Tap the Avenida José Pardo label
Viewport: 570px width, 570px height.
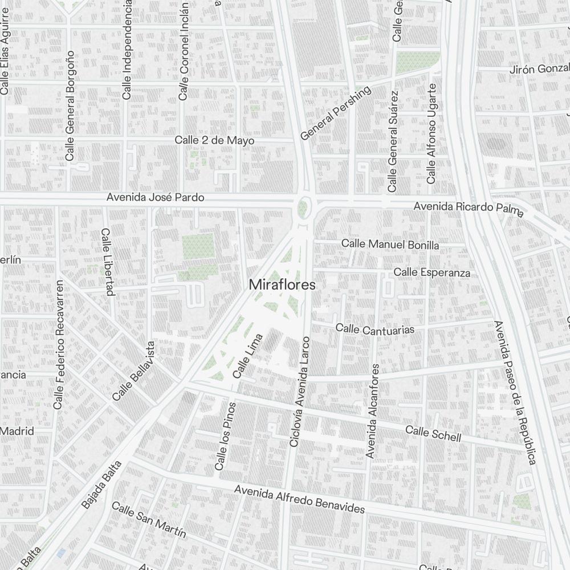click(156, 198)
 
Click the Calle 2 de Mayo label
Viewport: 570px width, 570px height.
click(214, 140)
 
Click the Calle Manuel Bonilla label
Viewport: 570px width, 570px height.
click(390, 245)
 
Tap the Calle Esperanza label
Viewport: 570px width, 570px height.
click(432, 272)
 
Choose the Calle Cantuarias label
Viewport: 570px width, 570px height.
click(374, 329)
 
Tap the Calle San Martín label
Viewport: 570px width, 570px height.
click(149, 519)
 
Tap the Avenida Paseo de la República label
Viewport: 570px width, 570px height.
click(516, 393)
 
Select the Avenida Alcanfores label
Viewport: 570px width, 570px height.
click(372, 410)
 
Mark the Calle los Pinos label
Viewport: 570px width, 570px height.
click(224, 436)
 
